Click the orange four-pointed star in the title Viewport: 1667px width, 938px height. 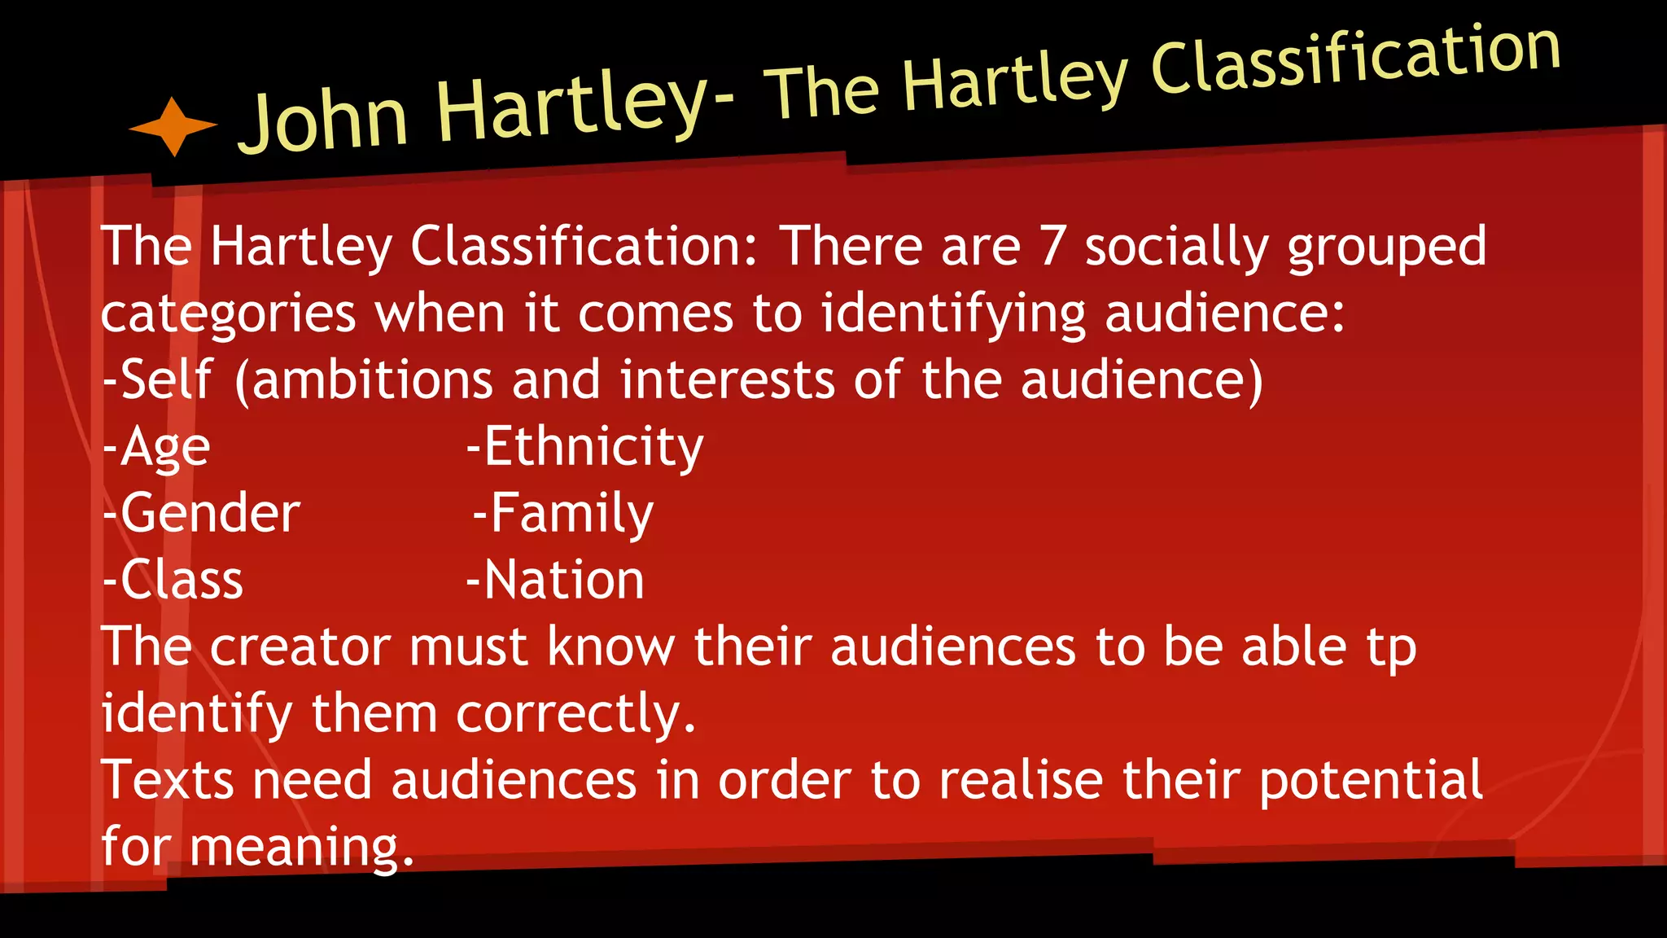173,126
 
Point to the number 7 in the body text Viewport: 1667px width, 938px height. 1052,246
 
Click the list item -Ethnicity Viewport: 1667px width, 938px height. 584,448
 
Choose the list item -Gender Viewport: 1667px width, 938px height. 202,513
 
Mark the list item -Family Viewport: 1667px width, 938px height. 563,515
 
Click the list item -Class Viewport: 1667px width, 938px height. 173,580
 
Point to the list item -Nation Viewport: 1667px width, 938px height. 555,580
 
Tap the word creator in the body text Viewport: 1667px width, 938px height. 300,647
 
